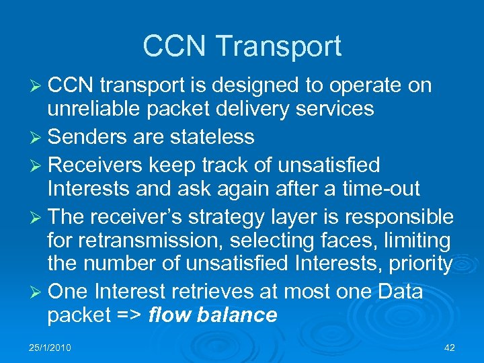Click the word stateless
212,136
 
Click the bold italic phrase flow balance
212,315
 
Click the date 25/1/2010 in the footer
50,348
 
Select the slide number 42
450,348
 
